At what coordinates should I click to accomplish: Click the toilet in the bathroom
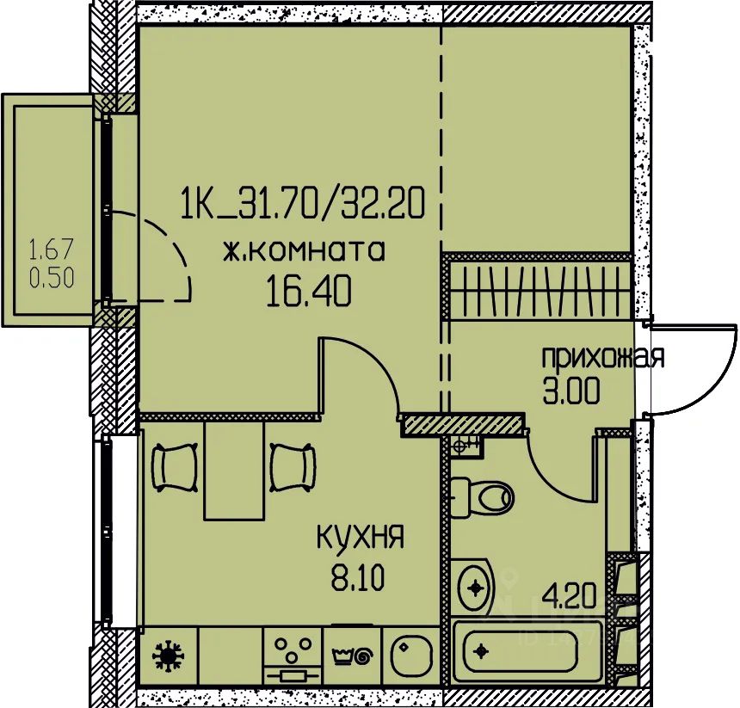coord(480,498)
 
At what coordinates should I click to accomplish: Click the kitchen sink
coord(410,655)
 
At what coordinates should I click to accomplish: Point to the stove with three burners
coord(293,656)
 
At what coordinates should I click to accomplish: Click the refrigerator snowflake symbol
coord(168,656)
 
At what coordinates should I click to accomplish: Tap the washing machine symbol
coord(353,656)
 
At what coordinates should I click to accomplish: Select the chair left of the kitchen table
coord(174,468)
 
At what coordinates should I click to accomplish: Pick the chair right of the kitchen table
coord(293,468)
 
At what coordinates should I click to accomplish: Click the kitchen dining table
coord(233,471)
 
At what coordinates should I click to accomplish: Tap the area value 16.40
coord(309,291)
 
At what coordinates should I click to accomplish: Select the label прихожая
coord(603,357)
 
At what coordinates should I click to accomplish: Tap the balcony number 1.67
coord(52,249)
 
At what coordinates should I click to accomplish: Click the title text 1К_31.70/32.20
coord(303,203)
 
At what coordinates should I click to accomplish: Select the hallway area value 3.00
coord(571,391)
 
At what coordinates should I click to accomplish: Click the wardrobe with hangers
coord(540,288)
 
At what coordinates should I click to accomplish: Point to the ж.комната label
coord(304,250)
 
